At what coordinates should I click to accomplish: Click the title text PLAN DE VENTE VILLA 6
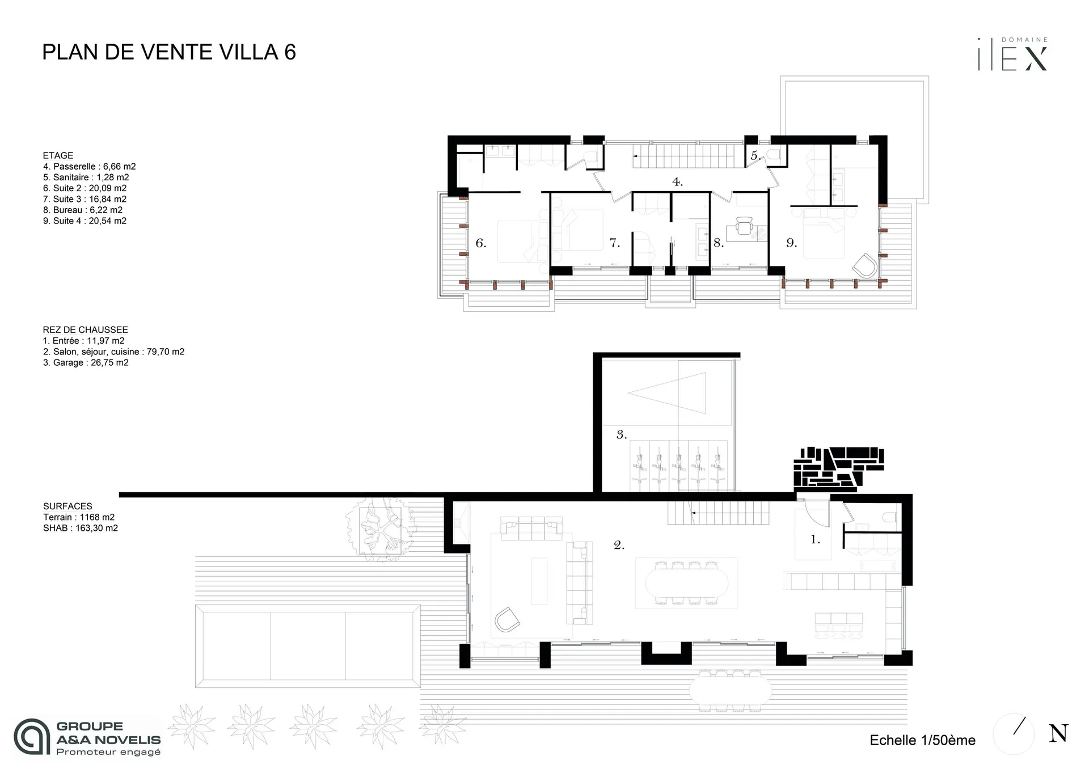point(169,52)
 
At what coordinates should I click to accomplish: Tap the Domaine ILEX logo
point(1013,56)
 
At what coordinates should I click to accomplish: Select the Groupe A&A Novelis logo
point(88,738)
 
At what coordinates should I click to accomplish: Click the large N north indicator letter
point(1058,733)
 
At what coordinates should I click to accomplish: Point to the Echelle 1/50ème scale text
point(922,740)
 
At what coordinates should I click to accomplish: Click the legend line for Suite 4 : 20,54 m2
point(85,221)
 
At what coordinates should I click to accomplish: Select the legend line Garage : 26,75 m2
point(86,363)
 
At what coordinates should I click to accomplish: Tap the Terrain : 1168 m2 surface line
point(79,517)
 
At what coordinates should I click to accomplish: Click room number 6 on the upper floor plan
point(480,243)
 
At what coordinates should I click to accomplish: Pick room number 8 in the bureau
point(718,243)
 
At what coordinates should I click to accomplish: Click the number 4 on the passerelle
point(677,182)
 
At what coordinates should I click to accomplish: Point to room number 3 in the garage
point(621,435)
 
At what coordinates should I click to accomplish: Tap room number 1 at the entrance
point(815,540)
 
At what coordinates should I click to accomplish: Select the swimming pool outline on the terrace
point(307,646)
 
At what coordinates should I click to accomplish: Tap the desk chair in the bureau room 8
point(744,227)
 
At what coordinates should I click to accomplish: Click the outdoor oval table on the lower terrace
point(730,690)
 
